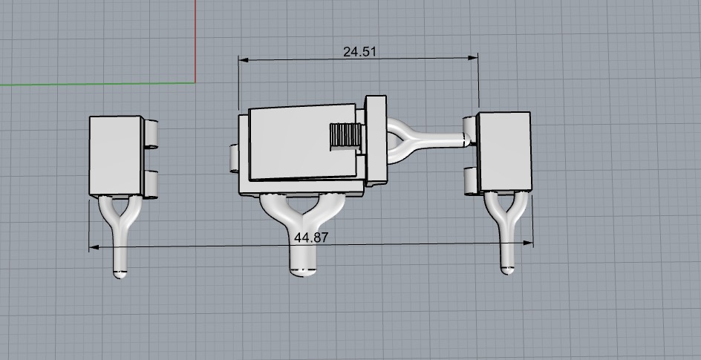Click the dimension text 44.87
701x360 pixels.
[311, 238]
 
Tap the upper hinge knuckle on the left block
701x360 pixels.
[151, 134]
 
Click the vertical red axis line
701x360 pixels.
[195, 37]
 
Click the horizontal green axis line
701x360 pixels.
[89, 83]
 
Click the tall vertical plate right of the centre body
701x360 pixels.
[377, 141]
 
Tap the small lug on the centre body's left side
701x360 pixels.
[232, 158]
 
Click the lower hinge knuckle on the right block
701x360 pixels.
[471, 180]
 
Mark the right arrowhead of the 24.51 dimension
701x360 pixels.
[475, 59]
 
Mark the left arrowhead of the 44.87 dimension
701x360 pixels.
[93, 247]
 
